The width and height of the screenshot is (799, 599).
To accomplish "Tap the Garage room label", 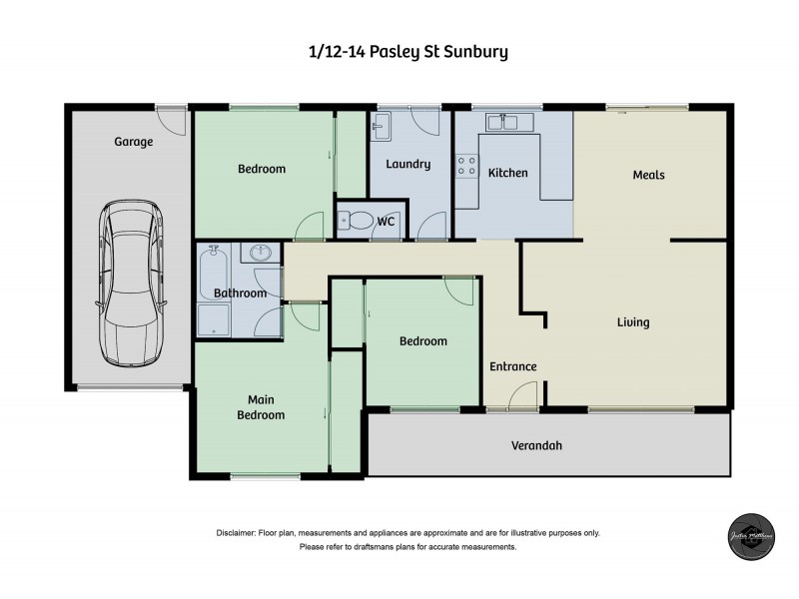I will point(133,142).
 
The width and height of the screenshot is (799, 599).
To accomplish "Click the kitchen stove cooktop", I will point(466,166).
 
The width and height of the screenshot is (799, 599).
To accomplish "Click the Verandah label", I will point(536,445).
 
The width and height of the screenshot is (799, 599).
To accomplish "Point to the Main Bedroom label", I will point(260,407).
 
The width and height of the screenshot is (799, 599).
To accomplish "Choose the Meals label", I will point(648,175).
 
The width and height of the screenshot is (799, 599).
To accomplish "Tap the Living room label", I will point(633,322).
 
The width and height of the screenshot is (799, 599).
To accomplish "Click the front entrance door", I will point(522,399).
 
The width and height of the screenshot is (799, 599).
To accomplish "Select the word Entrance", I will point(512,366).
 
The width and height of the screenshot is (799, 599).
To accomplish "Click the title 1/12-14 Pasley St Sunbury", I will point(408,51).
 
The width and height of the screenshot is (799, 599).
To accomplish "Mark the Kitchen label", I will point(507,173).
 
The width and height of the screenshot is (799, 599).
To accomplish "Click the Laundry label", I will point(407,164).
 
